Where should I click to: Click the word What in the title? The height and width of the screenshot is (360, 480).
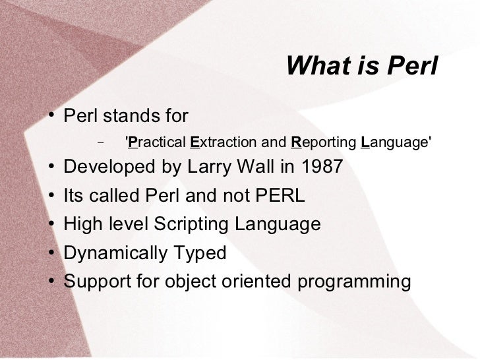click(318, 65)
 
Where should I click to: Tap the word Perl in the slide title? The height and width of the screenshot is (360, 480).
click(412, 65)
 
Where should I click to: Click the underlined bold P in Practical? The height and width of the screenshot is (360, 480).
click(133, 142)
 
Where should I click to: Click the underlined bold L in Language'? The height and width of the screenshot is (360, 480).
click(365, 142)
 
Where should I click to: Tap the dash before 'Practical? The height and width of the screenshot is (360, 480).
click(100, 142)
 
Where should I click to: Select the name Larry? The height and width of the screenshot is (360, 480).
click(209, 167)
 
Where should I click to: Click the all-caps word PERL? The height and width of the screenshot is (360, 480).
click(280, 195)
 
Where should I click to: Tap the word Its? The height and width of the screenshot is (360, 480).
click(73, 195)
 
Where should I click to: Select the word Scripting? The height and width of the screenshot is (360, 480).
click(191, 224)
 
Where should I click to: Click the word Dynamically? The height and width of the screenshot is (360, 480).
click(115, 253)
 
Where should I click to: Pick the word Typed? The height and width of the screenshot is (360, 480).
click(200, 253)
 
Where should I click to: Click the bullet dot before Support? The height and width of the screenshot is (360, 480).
click(51, 280)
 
